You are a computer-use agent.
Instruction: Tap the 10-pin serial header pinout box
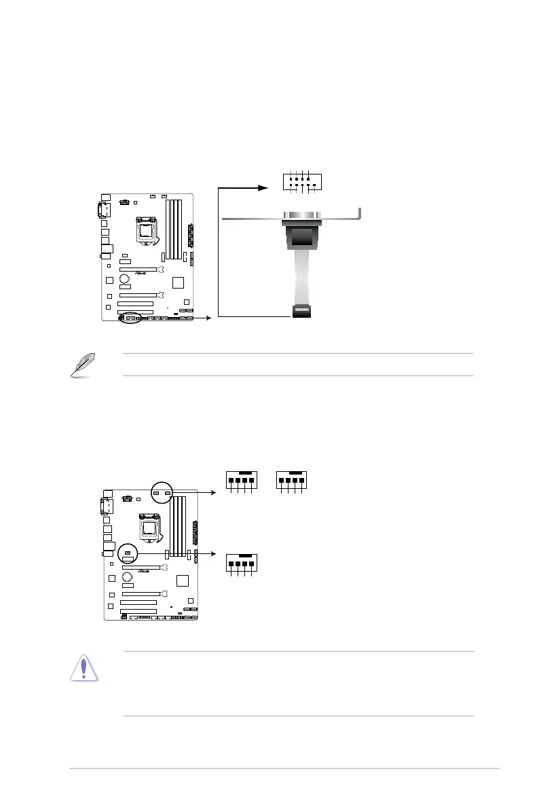click(302, 181)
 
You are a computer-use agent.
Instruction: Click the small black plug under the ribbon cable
click(301, 311)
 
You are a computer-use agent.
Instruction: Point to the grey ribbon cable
click(301, 278)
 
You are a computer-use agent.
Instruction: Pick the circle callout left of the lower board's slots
click(128, 553)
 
